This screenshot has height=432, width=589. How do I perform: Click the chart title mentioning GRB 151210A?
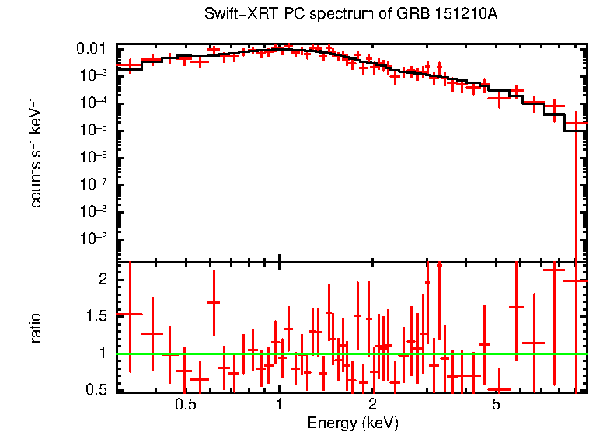click(350, 15)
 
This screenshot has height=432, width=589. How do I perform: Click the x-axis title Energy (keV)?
click(353, 423)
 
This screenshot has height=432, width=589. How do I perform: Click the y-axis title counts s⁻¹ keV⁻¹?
click(36, 152)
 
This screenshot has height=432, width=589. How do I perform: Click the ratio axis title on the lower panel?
click(36, 328)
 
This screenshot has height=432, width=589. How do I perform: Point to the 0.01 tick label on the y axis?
click(95, 50)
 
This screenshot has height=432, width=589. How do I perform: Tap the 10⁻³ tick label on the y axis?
click(96, 75)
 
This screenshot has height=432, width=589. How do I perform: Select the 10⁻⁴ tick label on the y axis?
click(96, 103)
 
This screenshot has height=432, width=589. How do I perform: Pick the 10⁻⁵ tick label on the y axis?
click(96, 130)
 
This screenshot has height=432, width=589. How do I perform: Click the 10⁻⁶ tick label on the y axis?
click(96, 157)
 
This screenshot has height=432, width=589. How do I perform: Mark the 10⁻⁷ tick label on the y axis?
click(96, 184)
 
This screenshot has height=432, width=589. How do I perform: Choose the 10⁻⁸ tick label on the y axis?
click(96, 211)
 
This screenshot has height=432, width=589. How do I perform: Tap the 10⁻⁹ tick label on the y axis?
click(96, 239)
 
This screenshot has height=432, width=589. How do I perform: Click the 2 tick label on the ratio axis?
click(106, 279)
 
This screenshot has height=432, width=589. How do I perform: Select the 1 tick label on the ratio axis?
click(106, 353)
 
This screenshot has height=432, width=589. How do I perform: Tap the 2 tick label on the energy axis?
click(372, 405)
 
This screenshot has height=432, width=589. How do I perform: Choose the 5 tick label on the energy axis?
click(496, 405)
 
